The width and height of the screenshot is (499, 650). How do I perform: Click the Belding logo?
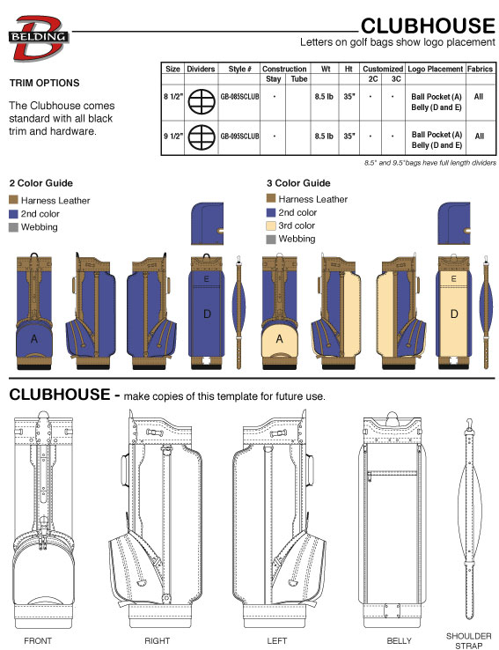tap(38, 38)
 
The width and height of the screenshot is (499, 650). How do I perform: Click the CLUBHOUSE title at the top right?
tap(428, 26)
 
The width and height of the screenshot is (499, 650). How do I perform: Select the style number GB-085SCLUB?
tap(239, 97)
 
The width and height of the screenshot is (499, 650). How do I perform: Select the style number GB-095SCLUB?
tap(239, 136)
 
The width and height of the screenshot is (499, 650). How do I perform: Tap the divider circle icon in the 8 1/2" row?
tap(202, 100)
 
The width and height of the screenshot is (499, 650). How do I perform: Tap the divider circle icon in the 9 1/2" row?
tap(202, 137)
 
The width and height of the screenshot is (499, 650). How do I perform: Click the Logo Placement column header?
tap(436, 69)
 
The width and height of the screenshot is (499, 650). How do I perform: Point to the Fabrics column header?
tap(480, 69)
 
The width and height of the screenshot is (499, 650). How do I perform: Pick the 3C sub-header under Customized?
tap(396, 78)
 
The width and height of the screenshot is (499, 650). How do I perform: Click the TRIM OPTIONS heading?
tap(45, 83)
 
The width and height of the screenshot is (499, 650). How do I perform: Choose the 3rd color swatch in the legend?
tap(271, 226)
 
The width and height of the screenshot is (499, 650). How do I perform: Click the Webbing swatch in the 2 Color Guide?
tap(14, 227)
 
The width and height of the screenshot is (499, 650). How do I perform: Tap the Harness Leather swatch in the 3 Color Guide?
tap(271, 198)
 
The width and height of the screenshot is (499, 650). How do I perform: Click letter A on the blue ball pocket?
tap(34, 339)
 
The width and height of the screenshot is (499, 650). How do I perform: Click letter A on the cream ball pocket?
tap(280, 339)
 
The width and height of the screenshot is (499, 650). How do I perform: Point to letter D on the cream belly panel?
tap(454, 314)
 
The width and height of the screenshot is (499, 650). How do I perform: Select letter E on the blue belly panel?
tap(206, 279)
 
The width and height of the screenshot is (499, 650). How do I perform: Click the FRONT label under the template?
tap(38, 641)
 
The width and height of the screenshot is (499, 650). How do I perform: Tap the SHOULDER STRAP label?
tap(469, 640)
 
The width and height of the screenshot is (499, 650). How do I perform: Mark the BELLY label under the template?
tap(400, 641)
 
